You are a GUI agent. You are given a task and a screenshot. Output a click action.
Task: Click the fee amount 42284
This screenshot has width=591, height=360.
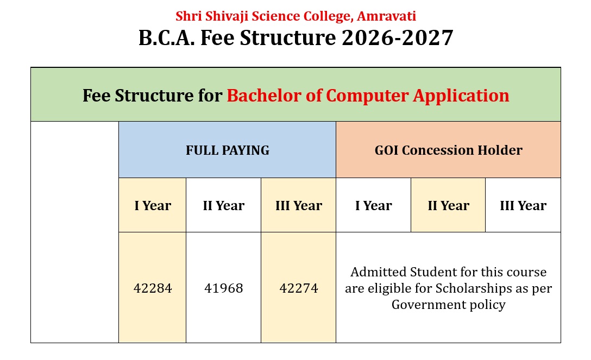(153, 288)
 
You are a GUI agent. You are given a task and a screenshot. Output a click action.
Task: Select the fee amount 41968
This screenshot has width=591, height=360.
(223, 288)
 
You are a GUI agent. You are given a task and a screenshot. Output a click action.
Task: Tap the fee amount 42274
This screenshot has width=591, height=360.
(299, 288)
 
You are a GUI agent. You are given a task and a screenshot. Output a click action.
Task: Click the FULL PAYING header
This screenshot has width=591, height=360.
(227, 150)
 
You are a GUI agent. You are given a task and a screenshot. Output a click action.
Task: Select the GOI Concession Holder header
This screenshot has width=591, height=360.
(449, 150)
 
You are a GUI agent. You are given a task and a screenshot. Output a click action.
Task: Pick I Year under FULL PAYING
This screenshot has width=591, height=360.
(153, 206)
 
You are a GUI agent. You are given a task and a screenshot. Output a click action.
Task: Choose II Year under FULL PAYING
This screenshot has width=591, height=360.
(223, 206)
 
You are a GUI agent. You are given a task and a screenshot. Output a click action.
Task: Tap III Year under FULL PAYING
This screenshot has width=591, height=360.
(299, 206)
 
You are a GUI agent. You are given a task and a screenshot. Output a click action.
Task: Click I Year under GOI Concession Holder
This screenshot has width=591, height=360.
(374, 206)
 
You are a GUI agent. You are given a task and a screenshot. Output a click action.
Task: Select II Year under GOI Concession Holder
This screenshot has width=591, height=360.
(449, 206)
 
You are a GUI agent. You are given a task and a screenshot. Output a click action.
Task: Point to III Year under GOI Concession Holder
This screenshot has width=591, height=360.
(523, 206)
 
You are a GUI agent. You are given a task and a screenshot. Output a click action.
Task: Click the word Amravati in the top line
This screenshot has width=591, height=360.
(386, 16)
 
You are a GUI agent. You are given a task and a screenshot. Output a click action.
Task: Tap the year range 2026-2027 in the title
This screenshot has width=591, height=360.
(397, 37)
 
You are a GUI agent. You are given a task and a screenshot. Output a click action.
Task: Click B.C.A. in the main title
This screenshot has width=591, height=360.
(167, 37)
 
